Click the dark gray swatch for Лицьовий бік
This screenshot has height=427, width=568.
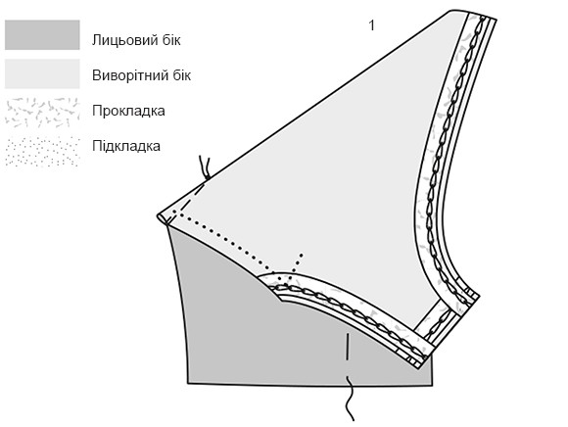(x=42, y=35)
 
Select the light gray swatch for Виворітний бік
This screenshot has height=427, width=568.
(x=42, y=73)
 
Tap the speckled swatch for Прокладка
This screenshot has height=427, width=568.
(x=42, y=113)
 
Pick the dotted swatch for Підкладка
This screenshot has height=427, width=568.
(x=42, y=151)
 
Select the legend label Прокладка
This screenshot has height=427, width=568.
(x=128, y=111)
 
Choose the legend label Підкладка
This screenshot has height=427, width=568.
(x=126, y=146)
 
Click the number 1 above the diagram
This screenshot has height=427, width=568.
(x=371, y=25)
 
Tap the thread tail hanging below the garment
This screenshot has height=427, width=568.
(x=349, y=399)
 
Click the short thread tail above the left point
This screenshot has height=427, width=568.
(x=205, y=167)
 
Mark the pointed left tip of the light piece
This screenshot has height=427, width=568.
(x=158, y=216)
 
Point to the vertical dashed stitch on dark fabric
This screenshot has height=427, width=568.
(x=347, y=347)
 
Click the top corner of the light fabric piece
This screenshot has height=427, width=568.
(x=452, y=11)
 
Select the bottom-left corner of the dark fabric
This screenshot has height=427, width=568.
(x=188, y=382)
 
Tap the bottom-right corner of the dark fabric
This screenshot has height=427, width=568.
(x=432, y=385)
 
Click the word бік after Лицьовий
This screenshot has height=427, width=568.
(x=171, y=40)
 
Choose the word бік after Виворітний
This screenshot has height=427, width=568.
(x=181, y=75)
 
